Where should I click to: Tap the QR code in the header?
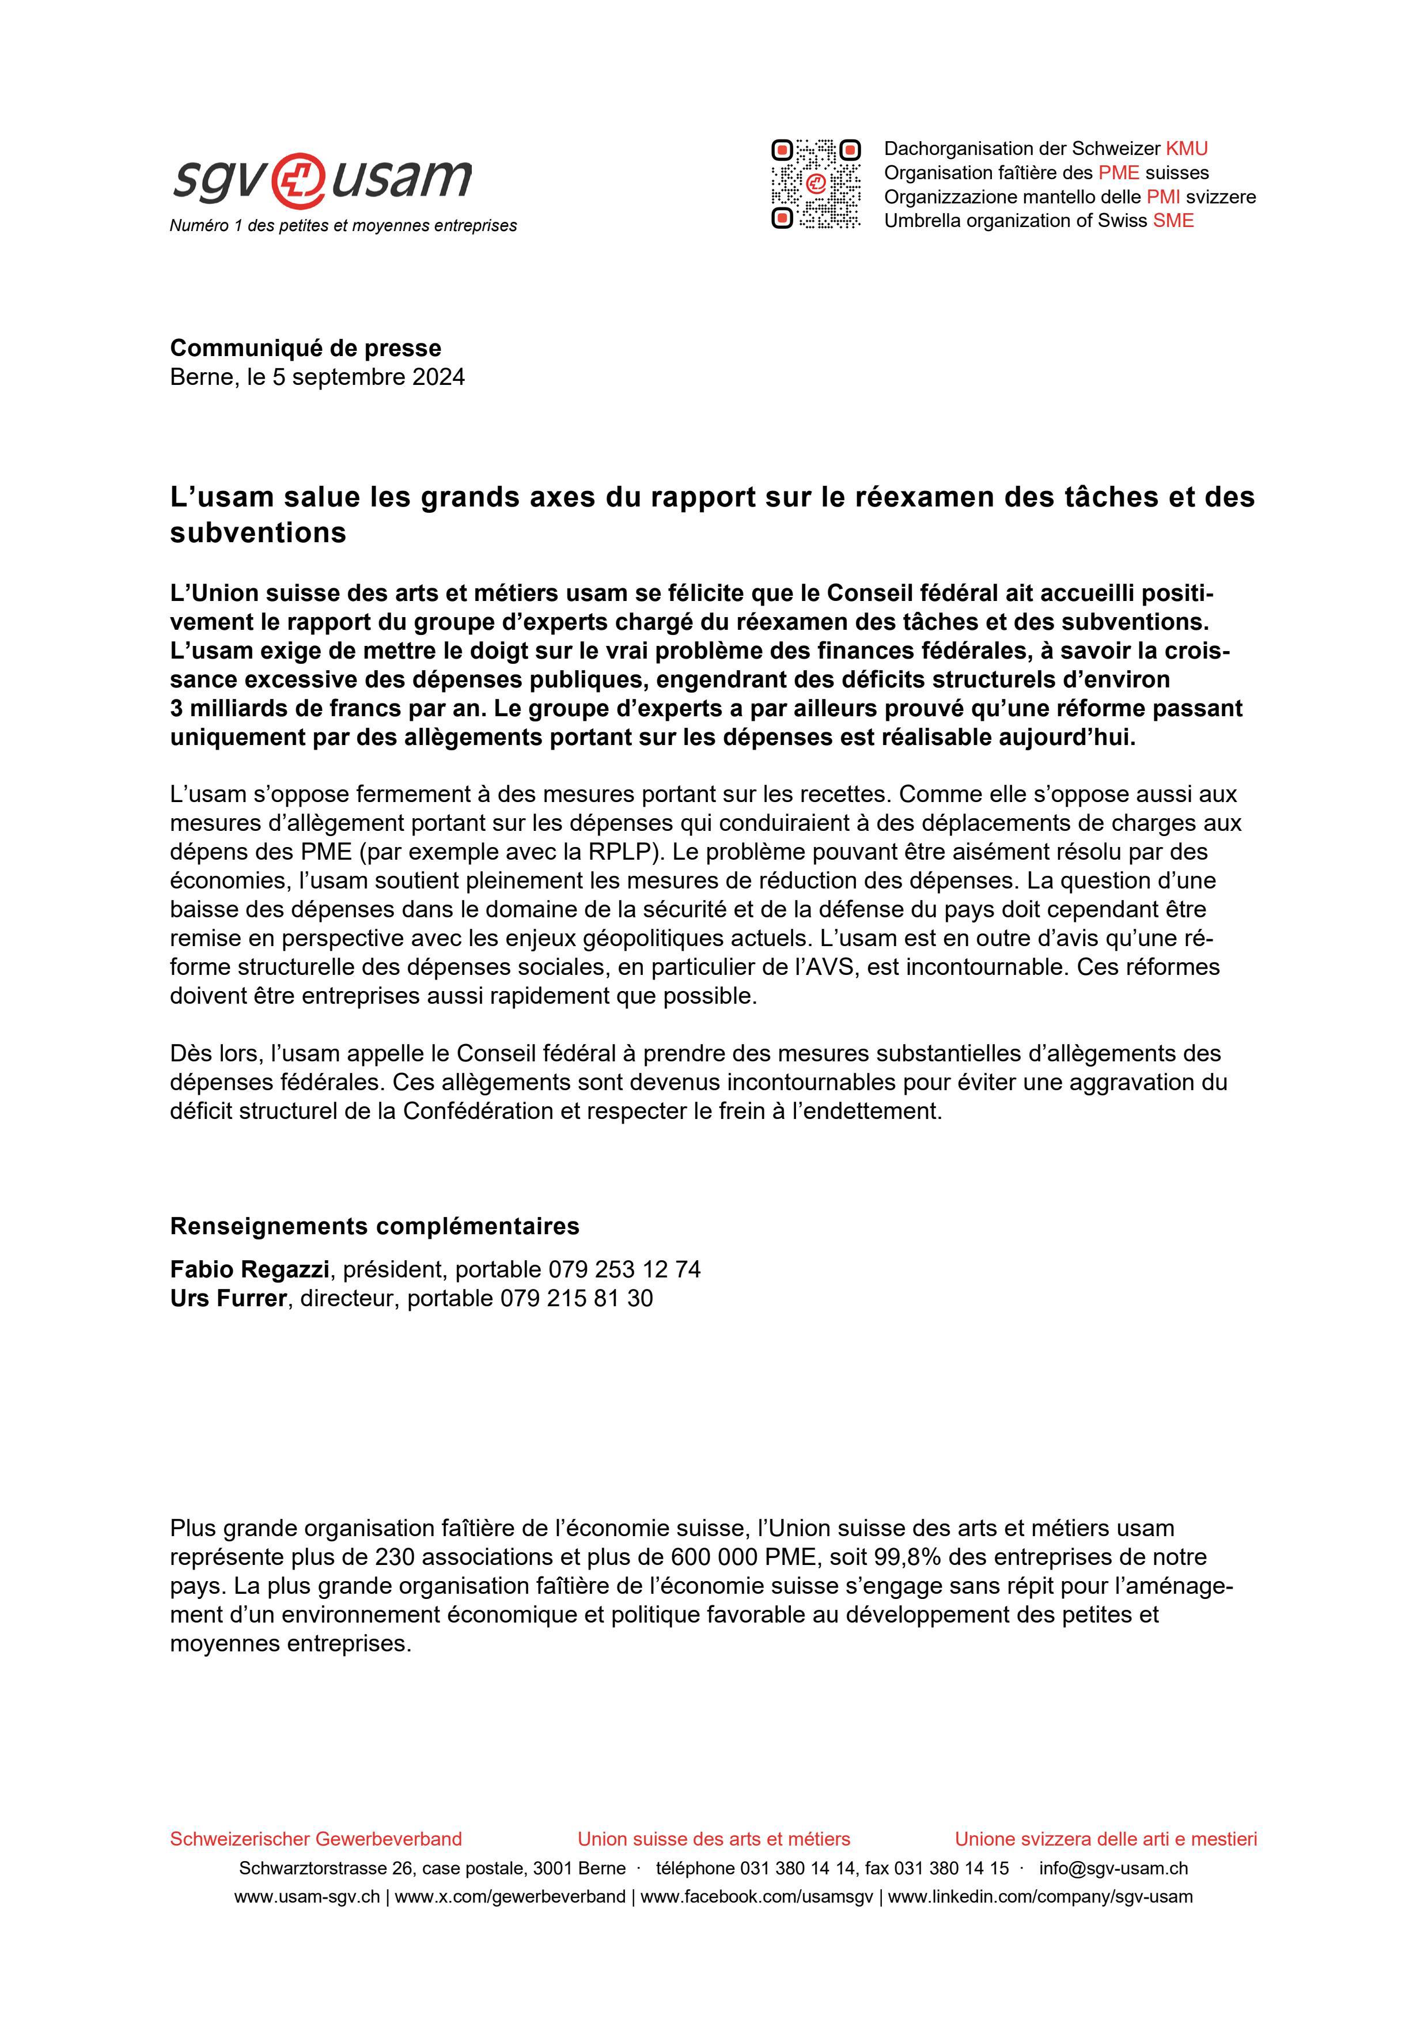[815, 184]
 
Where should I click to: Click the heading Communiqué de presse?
[305, 348]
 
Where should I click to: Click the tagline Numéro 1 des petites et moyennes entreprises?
[343, 226]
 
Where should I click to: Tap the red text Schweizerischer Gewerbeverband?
[316, 1839]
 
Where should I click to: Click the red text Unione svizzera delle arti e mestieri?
[1105, 1839]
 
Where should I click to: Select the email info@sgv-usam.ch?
[1113, 1868]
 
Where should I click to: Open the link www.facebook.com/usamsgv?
[756, 1897]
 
